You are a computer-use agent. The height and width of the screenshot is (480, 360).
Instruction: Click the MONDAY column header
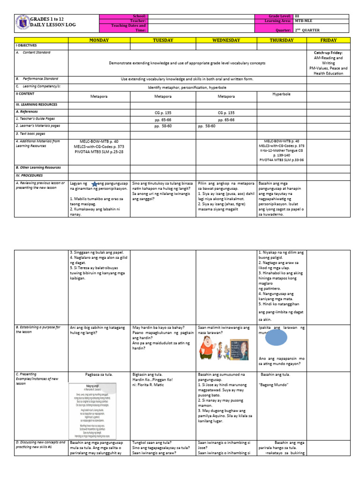point(99,40)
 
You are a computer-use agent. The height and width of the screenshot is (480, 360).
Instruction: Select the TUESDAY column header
point(163,40)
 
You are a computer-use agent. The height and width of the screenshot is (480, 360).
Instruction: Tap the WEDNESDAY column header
point(226,40)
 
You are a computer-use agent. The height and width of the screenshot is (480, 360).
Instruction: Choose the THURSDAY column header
point(282,40)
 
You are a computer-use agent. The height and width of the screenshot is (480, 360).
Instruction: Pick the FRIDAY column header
point(328,40)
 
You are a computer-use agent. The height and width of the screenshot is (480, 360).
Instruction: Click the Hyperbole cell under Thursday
point(282,94)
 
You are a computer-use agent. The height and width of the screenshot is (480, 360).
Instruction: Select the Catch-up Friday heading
point(328,53)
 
